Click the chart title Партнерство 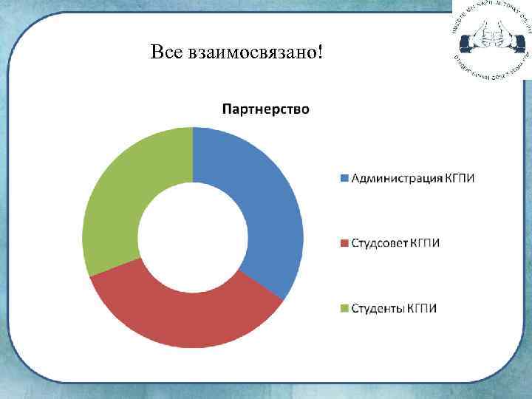click(x=266, y=109)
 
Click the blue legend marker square click(x=344, y=178)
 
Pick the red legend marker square click(x=344, y=243)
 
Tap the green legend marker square click(x=344, y=308)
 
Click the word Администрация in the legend click(x=396, y=178)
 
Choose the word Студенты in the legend click(x=376, y=308)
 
